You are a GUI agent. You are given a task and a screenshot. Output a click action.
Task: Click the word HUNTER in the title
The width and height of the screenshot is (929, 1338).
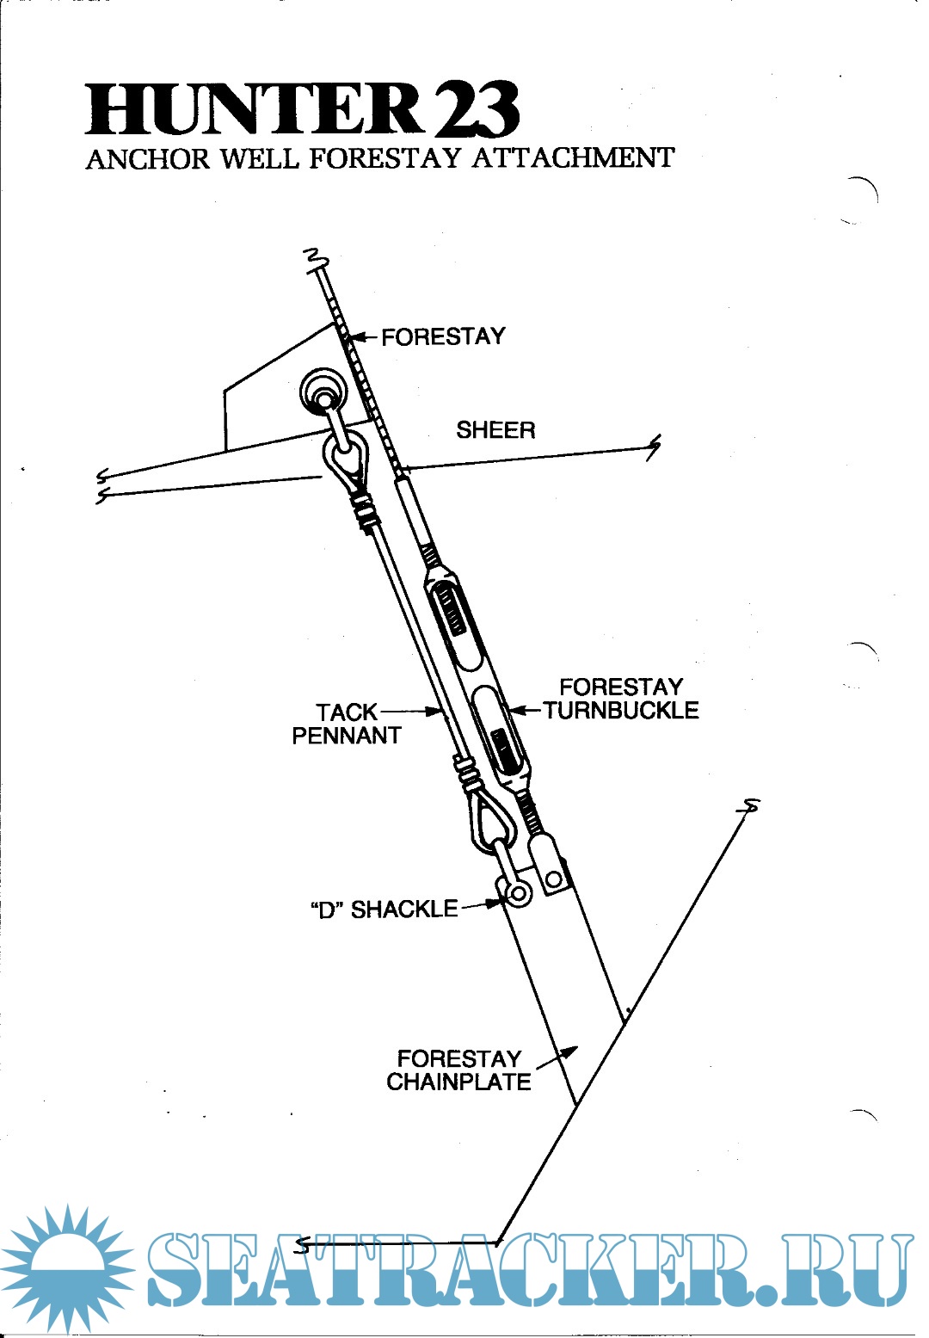click(x=255, y=109)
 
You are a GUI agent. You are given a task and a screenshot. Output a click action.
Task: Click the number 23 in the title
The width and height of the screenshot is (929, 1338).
click(x=476, y=110)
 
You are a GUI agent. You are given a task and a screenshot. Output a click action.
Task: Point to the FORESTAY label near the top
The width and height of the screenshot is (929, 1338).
click(x=443, y=337)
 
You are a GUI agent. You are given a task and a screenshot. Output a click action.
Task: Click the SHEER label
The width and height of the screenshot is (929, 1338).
click(x=495, y=430)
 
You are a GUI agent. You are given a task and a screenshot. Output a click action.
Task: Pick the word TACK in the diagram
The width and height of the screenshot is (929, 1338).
click(x=347, y=712)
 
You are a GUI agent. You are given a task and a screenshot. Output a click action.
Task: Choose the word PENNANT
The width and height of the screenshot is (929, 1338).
click(x=347, y=736)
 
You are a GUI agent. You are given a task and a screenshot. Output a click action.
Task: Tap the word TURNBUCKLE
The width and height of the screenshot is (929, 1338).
click(x=621, y=711)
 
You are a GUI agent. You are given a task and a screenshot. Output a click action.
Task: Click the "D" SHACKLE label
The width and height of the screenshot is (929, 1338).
click(x=384, y=909)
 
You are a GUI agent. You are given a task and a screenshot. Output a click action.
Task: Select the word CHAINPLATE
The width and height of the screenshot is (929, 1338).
click(x=458, y=1082)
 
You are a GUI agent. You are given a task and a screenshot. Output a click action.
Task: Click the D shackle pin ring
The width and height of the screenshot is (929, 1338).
click(x=518, y=893)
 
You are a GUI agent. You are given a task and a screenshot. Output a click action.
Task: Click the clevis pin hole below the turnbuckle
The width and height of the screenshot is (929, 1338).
click(x=554, y=879)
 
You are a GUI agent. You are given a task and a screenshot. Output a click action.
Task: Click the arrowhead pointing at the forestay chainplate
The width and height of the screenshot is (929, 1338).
click(x=569, y=1051)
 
